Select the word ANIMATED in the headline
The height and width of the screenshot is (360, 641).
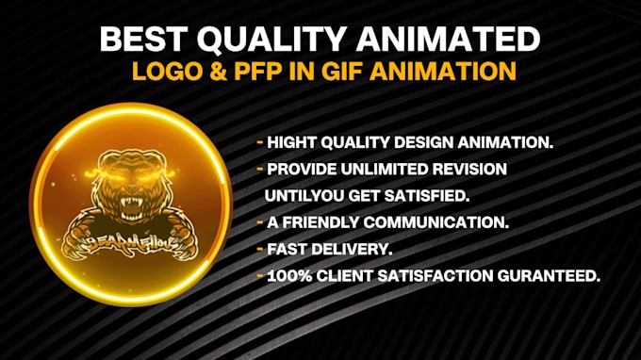point(452,40)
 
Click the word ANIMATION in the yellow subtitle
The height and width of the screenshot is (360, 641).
point(452,73)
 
